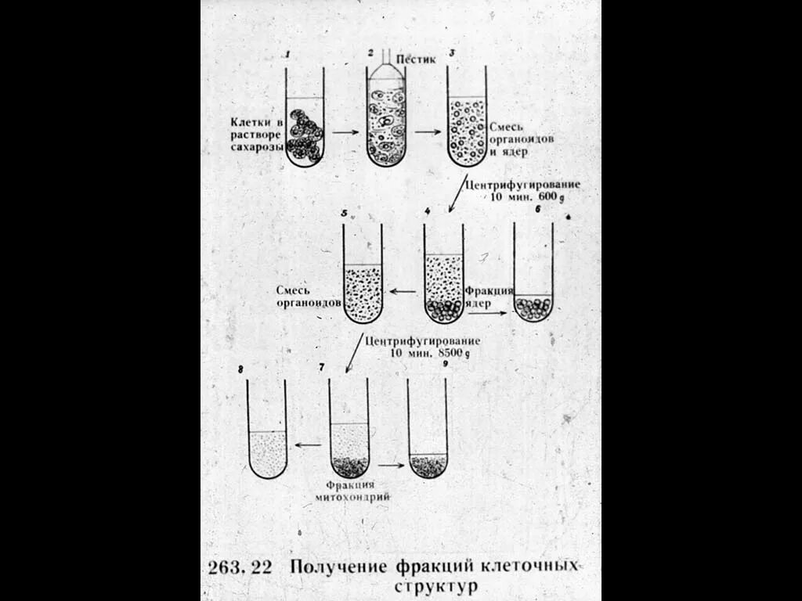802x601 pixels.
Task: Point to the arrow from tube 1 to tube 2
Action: [345, 132]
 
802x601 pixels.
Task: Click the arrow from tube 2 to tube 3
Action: [428, 131]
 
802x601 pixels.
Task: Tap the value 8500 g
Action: [453, 354]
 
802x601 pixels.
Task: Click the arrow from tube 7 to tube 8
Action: [309, 445]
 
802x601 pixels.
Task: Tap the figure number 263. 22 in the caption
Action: [240, 567]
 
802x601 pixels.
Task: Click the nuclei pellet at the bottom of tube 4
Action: [443, 311]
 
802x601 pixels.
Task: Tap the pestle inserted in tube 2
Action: [386, 67]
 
